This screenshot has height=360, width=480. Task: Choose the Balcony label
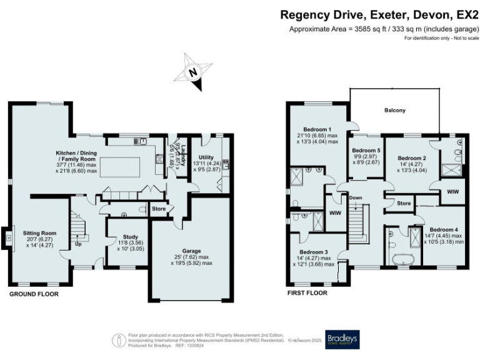[394, 111]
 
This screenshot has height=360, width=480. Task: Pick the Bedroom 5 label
[366, 151]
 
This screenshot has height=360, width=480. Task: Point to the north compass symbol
[194, 72]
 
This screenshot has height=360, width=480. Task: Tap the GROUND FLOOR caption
[34, 293]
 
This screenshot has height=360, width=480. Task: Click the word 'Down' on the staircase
[356, 197]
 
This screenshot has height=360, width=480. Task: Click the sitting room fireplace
[9, 237]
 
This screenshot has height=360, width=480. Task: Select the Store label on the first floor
[404, 203]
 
